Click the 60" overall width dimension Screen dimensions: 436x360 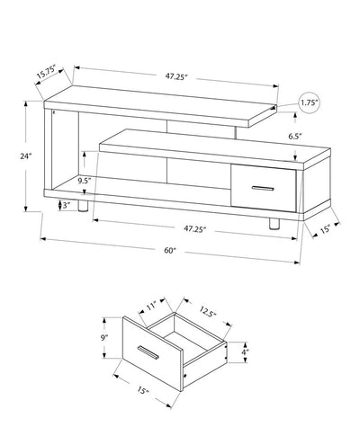[x=170, y=249]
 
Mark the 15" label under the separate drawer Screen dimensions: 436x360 [x=143, y=391]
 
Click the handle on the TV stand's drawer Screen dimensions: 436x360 [x=263, y=189]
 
